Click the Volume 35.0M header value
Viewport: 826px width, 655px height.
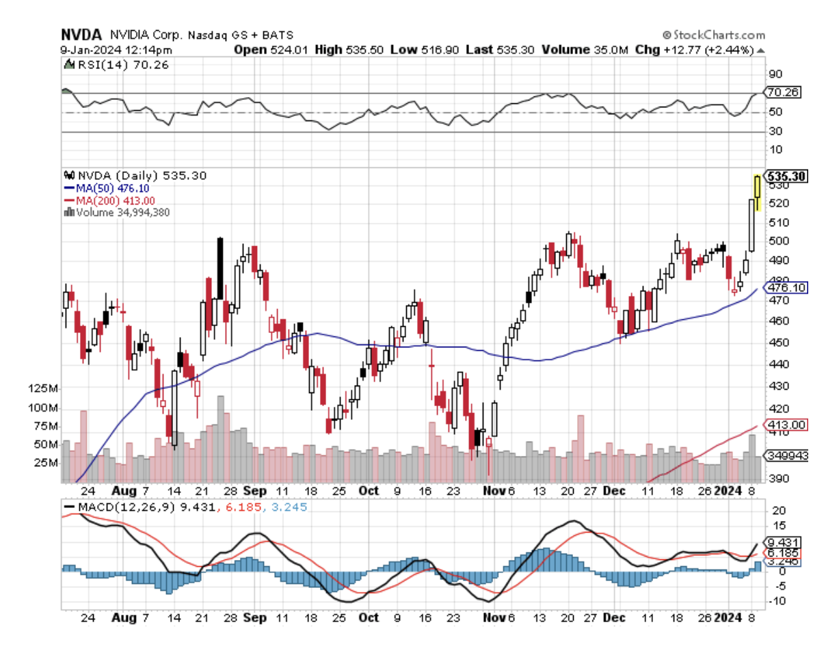[x=585, y=50]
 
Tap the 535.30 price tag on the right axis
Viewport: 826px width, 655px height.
[x=787, y=176]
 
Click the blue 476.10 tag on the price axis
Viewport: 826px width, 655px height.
[x=786, y=289]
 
